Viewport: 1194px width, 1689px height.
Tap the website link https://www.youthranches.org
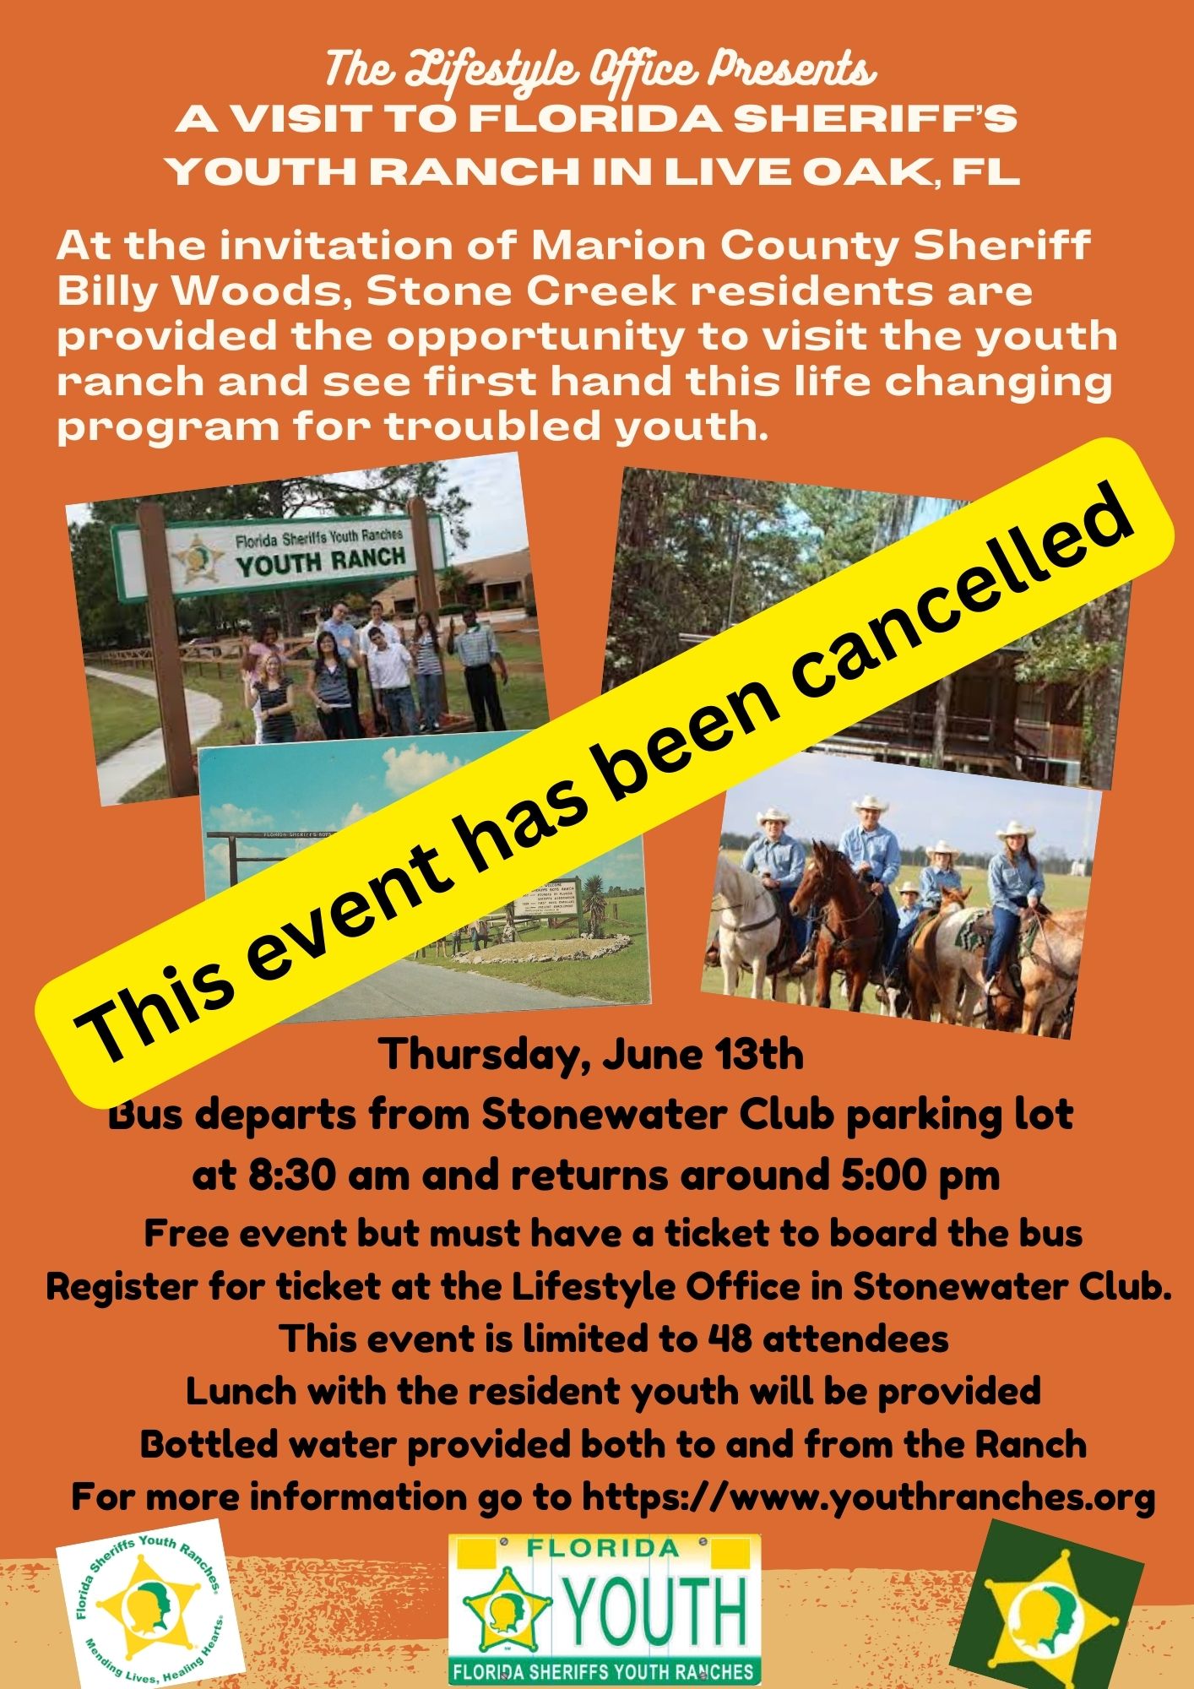click(868, 1497)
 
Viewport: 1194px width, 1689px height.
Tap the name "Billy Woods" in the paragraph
click(203, 292)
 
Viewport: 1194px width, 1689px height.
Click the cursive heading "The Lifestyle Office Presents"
click(600, 70)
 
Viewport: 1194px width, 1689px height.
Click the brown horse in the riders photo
click(832, 912)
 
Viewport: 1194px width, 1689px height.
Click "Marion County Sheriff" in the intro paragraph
click(811, 247)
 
